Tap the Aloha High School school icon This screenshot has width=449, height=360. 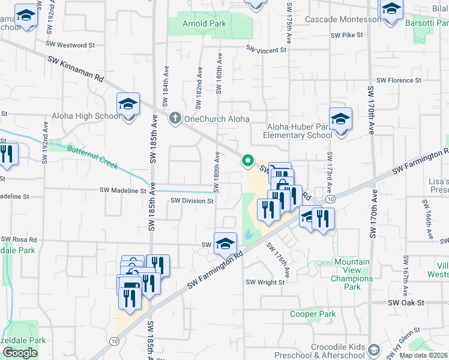click(128, 105)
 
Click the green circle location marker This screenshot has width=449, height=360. click(247, 160)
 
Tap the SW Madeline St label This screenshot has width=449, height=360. click(123, 190)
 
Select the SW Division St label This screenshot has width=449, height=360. click(192, 201)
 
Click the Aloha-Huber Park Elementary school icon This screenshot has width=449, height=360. click(340, 120)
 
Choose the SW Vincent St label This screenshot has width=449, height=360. click(266, 50)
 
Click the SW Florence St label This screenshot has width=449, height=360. click(399, 80)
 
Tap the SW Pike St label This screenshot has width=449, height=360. click(346, 35)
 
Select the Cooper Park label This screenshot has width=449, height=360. click(313, 314)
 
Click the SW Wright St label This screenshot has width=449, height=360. click(265, 282)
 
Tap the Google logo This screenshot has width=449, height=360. click(20, 352)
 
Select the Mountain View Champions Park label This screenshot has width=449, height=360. click(352, 274)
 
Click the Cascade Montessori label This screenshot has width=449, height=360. click(343, 19)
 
